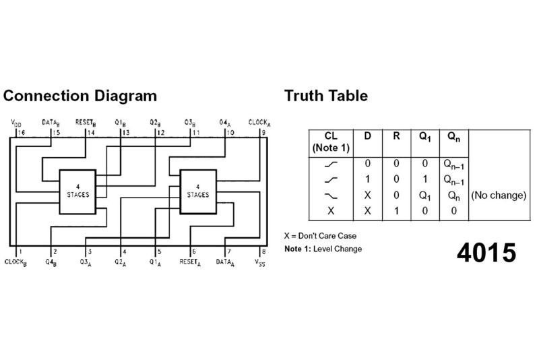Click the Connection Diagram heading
pyautogui.click(x=80, y=96)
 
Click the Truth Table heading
pyautogui.click(x=325, y=96)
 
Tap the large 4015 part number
pyautogui.click(x=486, y=251)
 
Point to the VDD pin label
pyautogui.click(x=15, y=123)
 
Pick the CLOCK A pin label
pyautogui.click(x=259, y=123)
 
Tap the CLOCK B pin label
pyautogui.click(x=15, y=262)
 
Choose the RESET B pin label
pyautogui.click(x=86, y=123)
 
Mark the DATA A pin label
pyautogui.click(x=227, y=262)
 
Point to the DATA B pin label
pyautogui.click(x=51, y=123)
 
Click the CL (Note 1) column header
pyautogui.click(x=330, y=140)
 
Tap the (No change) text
pyautogui.click(x=498, y=196)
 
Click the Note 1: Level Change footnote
pyautogui.click(x=323, y=249)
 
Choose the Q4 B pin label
pyautogui.click(x=51, y=262)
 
